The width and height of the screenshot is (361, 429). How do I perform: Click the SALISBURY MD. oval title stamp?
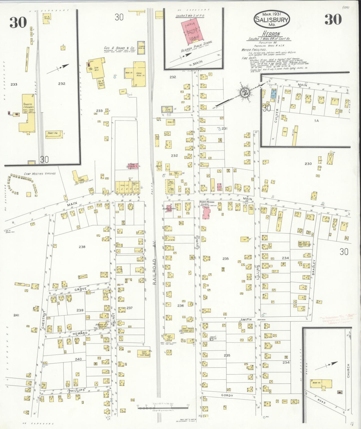tap(272, 19)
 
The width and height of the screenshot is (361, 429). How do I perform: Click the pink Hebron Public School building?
tap(193, 31)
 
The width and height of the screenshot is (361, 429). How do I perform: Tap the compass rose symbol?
tap(245, 93)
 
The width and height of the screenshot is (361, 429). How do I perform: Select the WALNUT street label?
tap(113, 319)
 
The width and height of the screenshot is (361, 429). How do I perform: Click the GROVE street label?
tap(80, 289)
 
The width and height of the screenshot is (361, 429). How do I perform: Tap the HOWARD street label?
tap(80, 333)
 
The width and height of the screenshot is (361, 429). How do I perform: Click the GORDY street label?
tap(227, 395)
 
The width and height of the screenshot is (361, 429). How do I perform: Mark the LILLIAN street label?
tap(258, 272)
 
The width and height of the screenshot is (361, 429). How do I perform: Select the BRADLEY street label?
tap(314, 267)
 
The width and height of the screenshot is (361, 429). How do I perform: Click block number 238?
tap(82, 247)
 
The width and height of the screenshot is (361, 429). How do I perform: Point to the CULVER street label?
tap(276, 116)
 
